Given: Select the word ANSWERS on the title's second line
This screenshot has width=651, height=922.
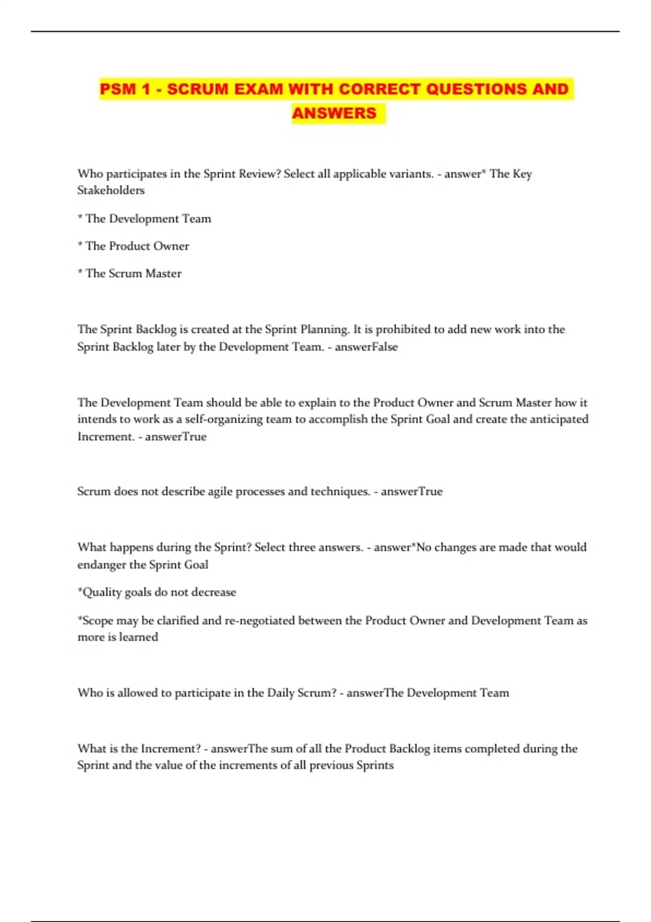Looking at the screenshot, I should [334, 113].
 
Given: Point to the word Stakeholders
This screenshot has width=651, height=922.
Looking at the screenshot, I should [111, 190].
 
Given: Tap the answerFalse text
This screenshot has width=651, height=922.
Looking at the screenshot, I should [366, 347].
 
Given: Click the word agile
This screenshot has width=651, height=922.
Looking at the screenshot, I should [224, 491].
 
